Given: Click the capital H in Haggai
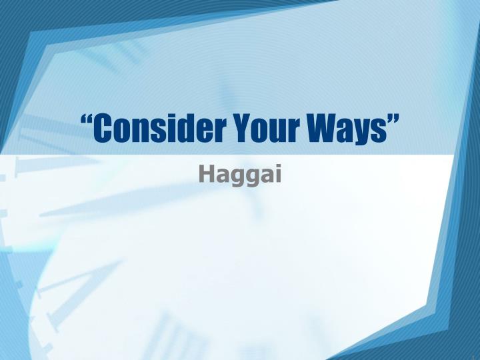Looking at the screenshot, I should pos(205,174).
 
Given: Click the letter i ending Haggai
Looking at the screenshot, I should pos(278,174).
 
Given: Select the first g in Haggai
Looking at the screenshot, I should pos(233,177).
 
